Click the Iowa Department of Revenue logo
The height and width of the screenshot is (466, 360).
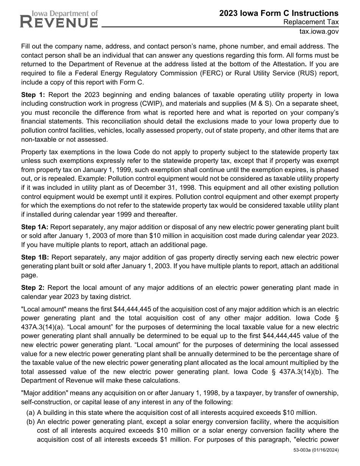coord(59,19)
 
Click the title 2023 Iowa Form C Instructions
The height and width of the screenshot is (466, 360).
coord(279,13)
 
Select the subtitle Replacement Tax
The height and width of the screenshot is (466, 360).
coord(311,22)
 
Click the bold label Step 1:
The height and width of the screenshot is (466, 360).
coord(33,95)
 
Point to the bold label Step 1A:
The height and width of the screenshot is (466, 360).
coord(34,227)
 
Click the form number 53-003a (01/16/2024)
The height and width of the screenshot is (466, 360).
coord(316,450)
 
